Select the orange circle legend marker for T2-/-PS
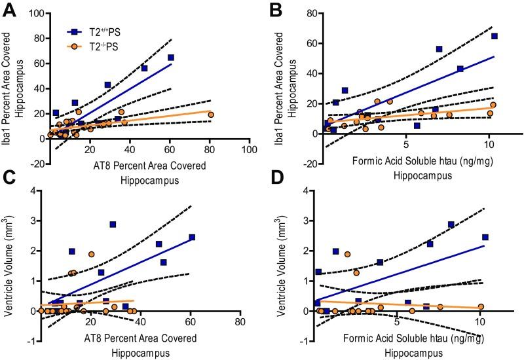pos(77,45)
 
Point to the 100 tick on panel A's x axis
pos(248,150)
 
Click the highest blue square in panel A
pos(171,58)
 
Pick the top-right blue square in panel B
pos(495,36)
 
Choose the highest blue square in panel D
pos(451,225)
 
